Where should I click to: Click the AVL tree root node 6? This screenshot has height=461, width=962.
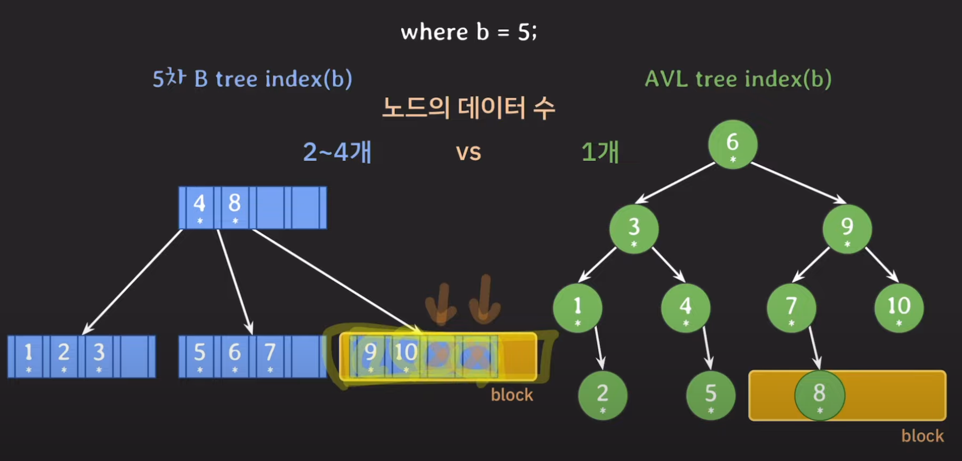(733, 144)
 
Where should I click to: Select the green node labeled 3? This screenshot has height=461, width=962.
(634, 229)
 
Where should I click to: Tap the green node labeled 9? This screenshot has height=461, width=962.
(847, 229)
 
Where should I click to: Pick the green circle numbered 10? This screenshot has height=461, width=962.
(899, 308)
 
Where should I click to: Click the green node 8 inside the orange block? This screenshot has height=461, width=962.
(820, 396)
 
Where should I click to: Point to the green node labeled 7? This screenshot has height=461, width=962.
(791, 308)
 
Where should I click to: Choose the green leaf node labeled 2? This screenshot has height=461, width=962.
(603, 396)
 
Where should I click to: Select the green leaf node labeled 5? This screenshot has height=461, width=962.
(711, 396)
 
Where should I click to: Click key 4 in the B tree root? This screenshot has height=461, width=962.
(200, 208)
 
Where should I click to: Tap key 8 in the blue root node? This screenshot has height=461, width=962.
(235, 208)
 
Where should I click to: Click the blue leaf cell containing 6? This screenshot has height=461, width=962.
(235, 356)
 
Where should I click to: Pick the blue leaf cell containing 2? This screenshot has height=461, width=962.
(64, 356)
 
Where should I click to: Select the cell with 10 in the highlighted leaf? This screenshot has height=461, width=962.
(406, 356)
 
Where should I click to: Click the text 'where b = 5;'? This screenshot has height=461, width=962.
(469, 32)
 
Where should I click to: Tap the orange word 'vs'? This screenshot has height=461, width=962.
(469, 152)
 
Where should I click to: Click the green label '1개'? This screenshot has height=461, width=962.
(600, 152)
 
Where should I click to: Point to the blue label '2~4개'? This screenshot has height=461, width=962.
(337, 152)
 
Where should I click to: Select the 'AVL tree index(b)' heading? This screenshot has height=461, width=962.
(738, 79)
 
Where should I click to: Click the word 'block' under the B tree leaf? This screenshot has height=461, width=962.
(512, 395)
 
